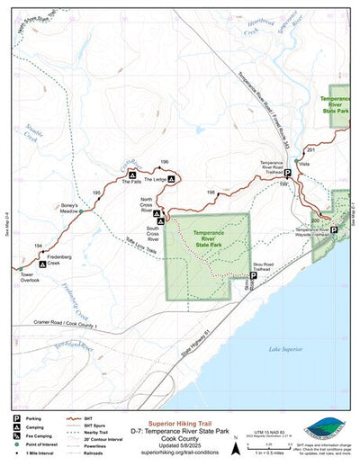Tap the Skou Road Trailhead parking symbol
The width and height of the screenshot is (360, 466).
click(x=252, y=276)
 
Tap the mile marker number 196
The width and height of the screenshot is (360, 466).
click(x=164, y=162)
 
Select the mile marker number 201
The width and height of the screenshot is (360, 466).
click(x=310, y=149)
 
